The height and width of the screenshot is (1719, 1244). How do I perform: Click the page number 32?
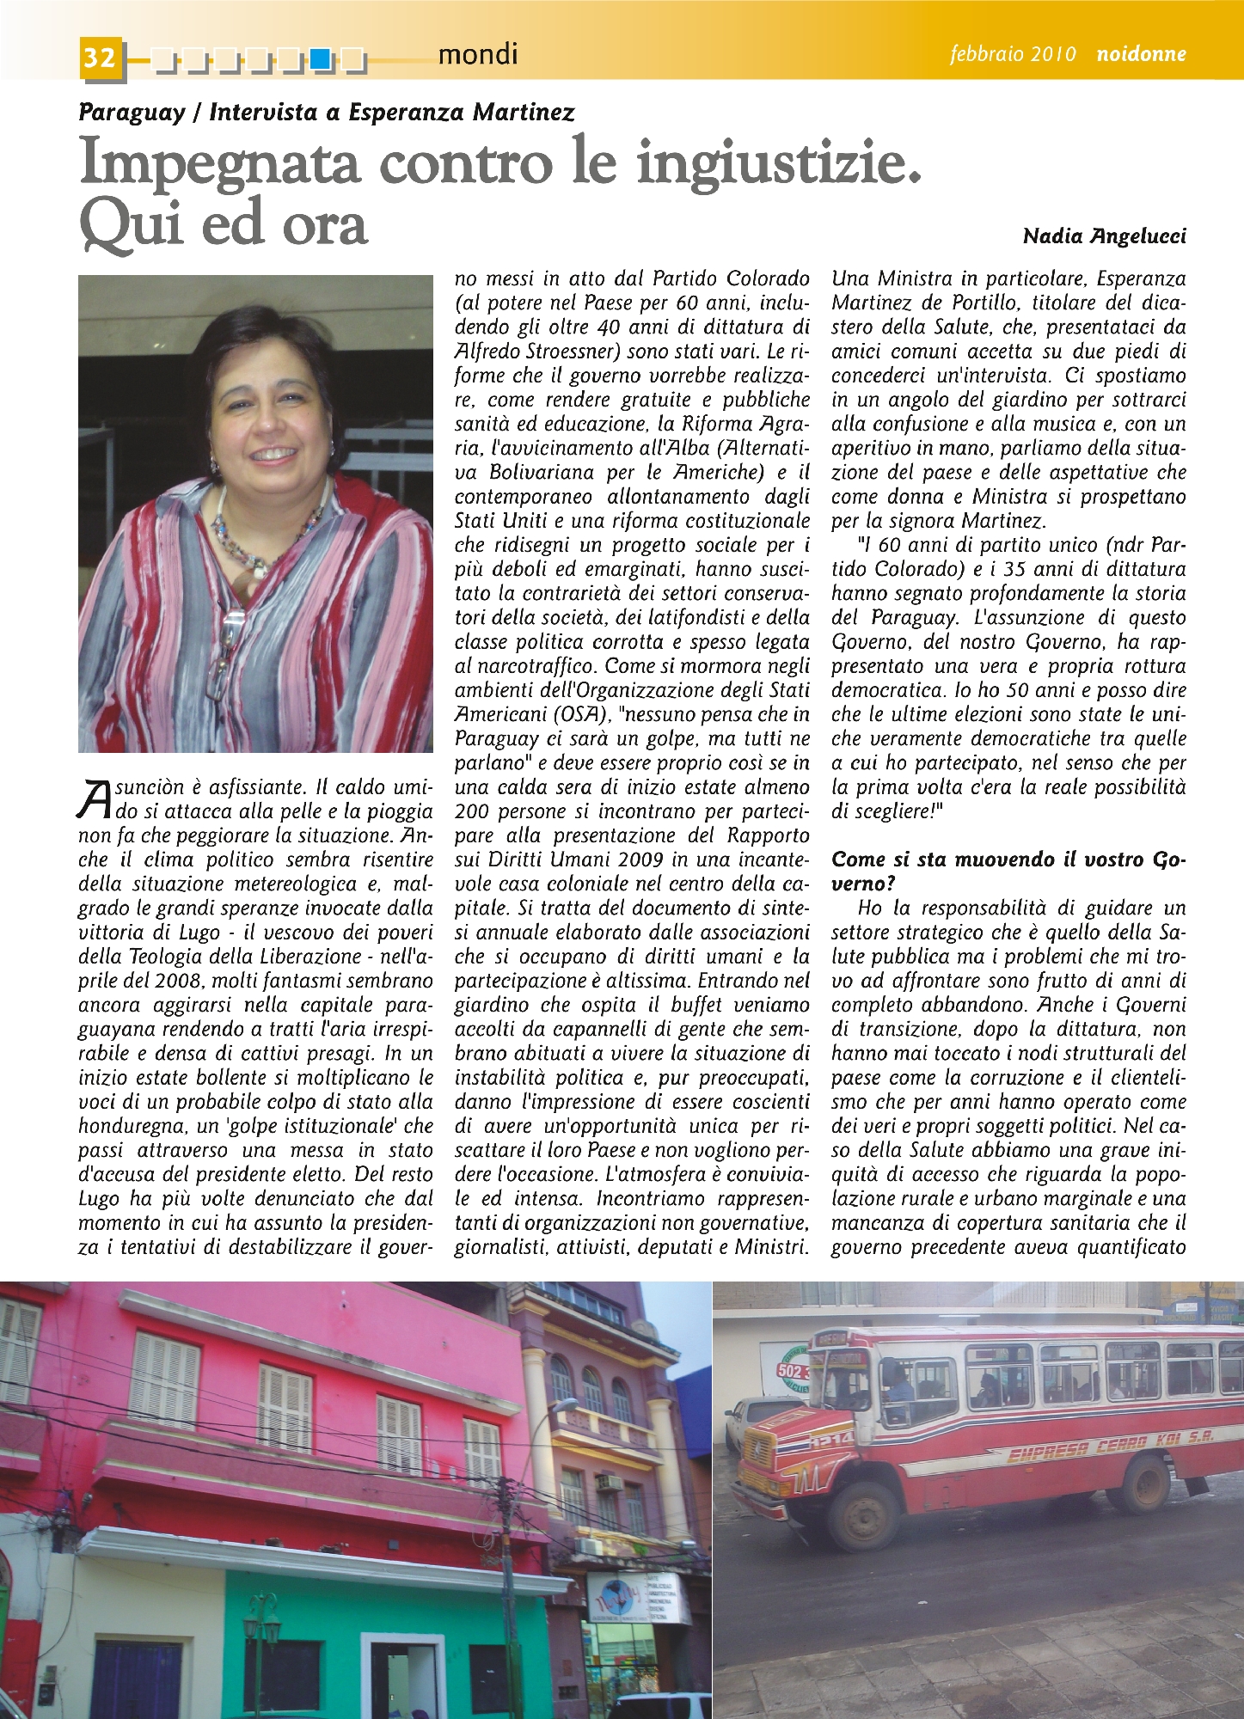[x=101, y=58]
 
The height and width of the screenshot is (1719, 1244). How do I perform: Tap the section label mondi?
[x=477, y=55]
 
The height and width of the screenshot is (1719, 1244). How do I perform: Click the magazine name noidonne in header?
[x=1141, y=54]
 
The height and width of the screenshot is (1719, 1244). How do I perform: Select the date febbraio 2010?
[x=1013, y=54]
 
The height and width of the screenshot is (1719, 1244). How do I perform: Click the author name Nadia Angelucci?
[x=1104, y=236]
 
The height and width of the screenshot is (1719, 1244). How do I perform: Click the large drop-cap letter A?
[x=95, y=797]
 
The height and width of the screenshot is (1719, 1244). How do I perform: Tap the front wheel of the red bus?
[x=861, y=1514]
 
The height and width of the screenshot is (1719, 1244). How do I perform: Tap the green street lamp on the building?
[x=260, y=1629]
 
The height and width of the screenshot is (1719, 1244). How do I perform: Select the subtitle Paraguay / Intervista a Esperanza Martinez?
[x=326, y=112]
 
